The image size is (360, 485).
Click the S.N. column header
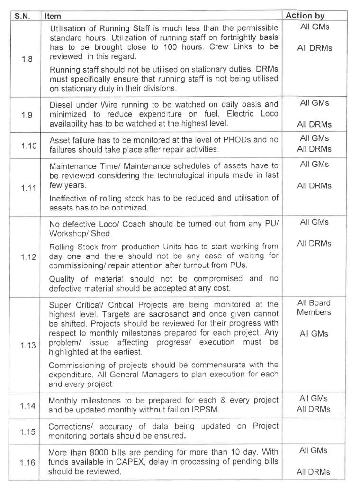pos(22,16)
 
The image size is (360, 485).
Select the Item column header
pos(53,16)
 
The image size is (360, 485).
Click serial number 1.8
pos(27,60)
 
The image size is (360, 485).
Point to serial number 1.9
pos(27,115)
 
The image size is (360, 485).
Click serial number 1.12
pos(28,256)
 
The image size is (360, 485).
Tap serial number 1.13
pos(28,345)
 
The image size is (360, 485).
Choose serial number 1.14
pos(28,406)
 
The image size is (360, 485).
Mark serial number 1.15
pos(28,431)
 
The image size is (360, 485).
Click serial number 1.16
pos(28,462)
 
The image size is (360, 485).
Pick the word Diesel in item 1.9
pos(61,104)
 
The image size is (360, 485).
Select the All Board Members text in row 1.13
pos(314,308)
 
